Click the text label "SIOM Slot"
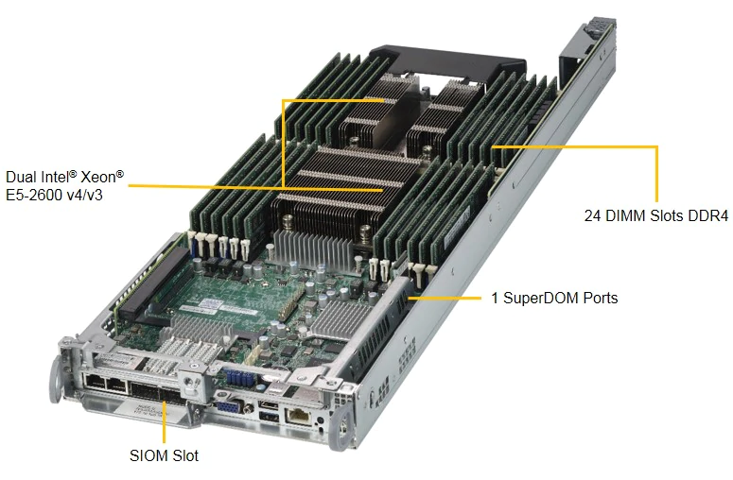164,455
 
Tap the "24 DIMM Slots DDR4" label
655,215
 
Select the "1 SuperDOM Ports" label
554,298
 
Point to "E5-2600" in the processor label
34,195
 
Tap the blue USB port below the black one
269,416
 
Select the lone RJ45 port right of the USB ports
298,415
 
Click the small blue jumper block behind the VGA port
239,377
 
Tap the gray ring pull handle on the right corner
341,431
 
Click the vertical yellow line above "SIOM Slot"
164,428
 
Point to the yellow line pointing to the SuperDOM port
445,298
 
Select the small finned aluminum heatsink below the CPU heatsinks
311,249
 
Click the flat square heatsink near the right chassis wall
341,318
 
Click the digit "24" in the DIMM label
592,215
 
